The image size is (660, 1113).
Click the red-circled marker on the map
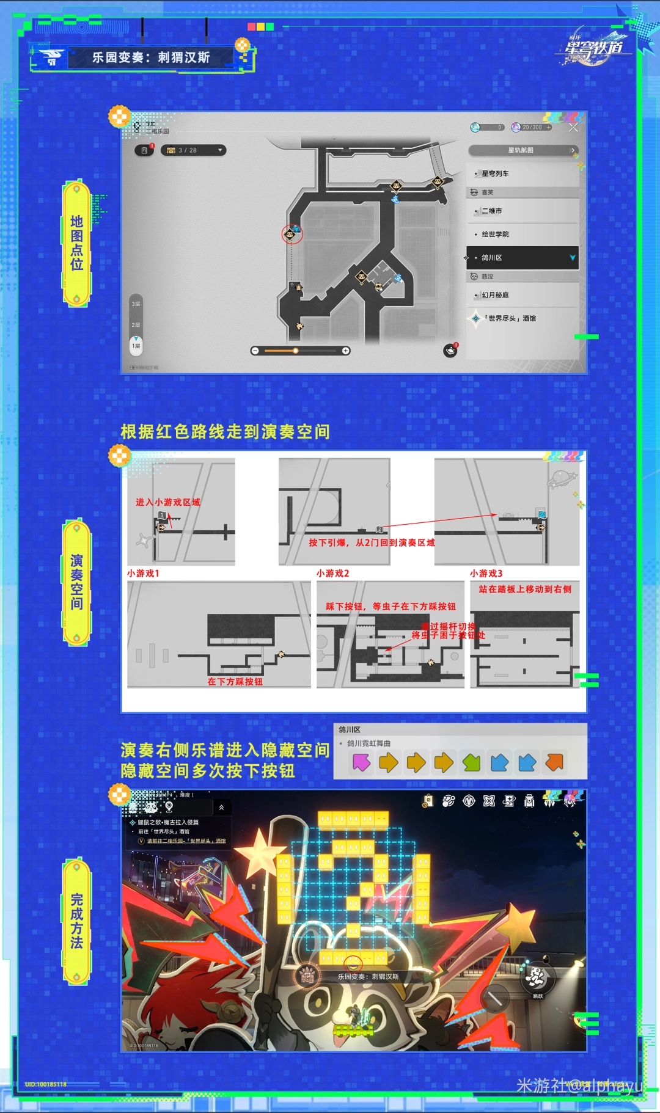coord(291,233)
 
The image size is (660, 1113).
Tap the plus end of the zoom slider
coord(346,351)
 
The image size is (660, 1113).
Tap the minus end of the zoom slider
coord(255,351)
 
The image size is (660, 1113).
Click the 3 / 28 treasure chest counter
coord(193,150)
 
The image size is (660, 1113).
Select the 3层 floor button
coord(136,304)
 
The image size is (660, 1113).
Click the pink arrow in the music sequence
coord(361,762)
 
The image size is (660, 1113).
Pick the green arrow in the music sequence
coord(472,762)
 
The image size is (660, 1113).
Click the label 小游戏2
coord(332,573)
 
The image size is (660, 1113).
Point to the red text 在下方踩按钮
coord(235,681)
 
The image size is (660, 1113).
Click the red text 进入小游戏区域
coord(167,502)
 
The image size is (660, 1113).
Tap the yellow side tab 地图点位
coord(77,243)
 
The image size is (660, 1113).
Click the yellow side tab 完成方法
coord(77,921)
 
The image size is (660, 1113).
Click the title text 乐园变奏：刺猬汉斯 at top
coord(151,57)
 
